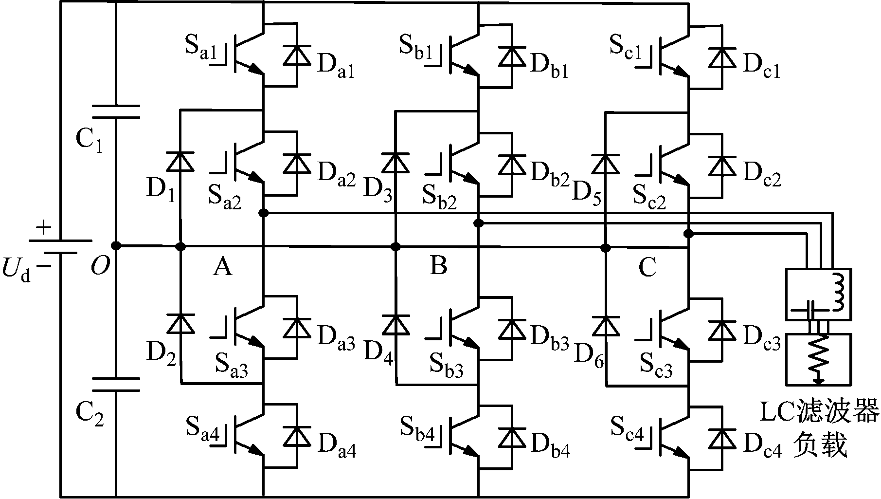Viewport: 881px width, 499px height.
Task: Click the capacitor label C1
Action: (x=90, y=141)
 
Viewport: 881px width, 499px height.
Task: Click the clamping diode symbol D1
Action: (x=180, y=162)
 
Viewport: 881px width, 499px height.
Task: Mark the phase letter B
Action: (x=438, y=266)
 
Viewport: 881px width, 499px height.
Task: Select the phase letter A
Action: (x=222, y=266)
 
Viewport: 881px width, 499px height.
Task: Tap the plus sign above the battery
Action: (x=44, y=228)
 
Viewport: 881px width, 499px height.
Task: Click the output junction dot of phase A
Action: (x=263, y=213)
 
